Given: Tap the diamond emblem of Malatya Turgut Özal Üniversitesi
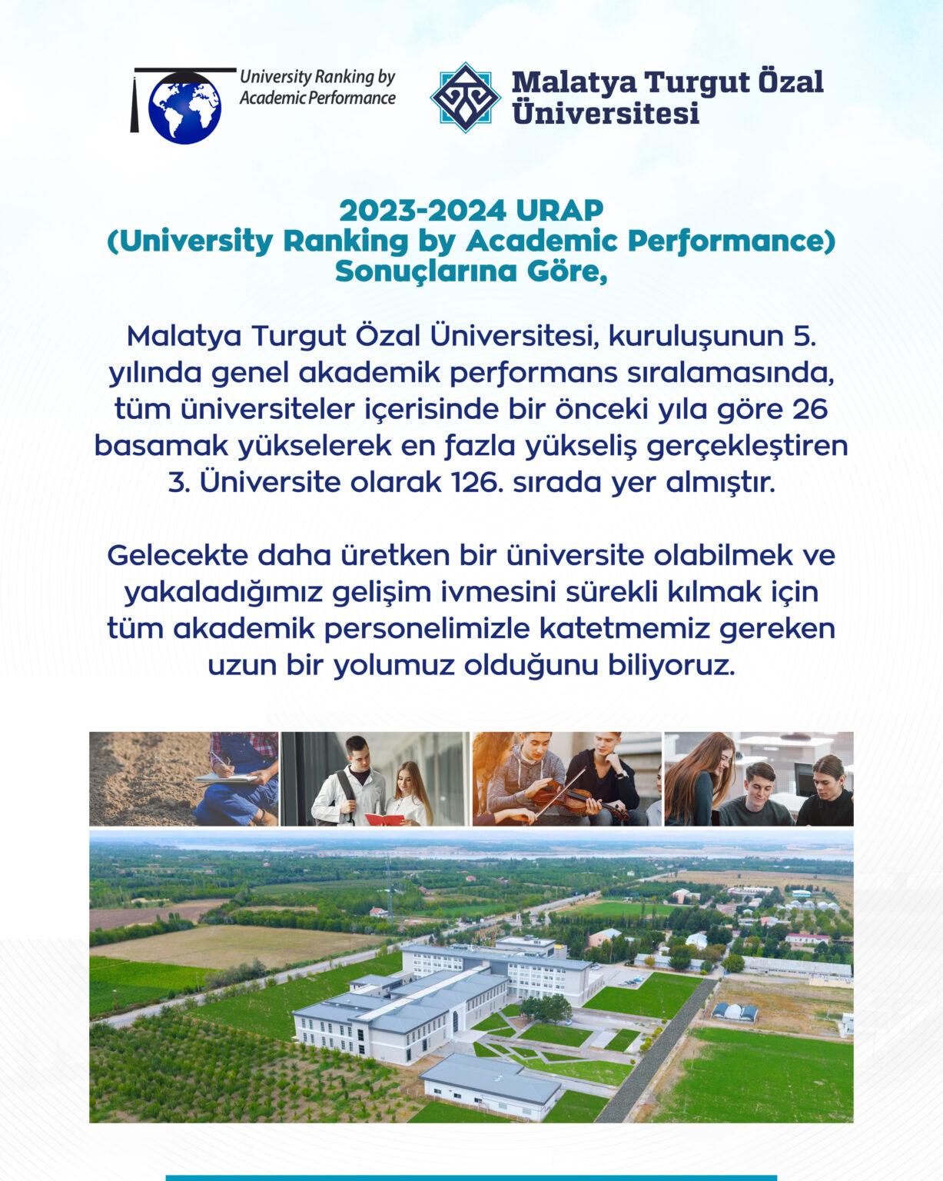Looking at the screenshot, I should tap(465, 97).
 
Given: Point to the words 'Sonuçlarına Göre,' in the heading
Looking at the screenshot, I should tap(471, 271).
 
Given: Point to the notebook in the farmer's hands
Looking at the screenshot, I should tap(226, 779).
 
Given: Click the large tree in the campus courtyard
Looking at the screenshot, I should tap(546, 1008).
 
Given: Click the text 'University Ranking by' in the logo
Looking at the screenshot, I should tap(317, 77).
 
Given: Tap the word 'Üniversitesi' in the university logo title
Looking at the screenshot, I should tap(606, 113).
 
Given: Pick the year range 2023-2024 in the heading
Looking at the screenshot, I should tap(423, 210).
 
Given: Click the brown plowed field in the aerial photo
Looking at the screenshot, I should tap(154, 916).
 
